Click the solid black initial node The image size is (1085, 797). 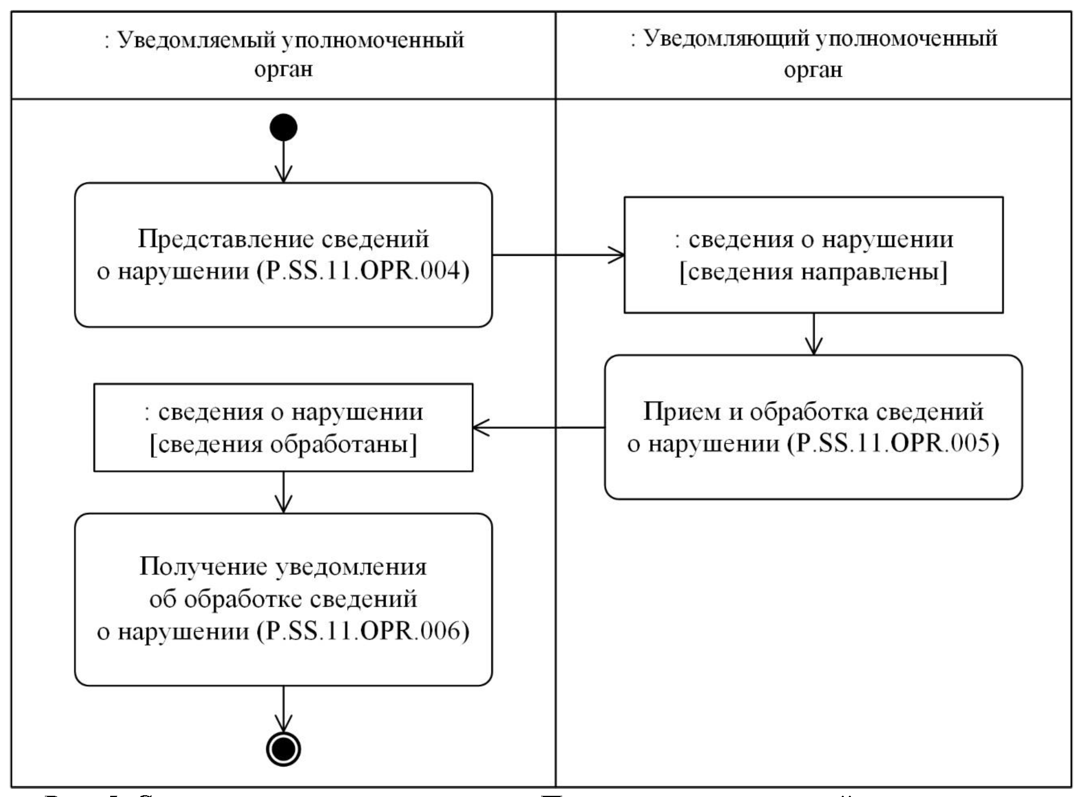pyautogui.click(x=283, y=128)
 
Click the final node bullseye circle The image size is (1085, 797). pyautogui.click(x=283, y=749)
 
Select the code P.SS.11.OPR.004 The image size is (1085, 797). pyautogui.click(x=363, y=271)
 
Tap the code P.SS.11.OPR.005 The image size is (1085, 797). pyautogui.click(x=893, y=443)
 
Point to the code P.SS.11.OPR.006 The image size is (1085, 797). pyautogui.click(x=363, y=631)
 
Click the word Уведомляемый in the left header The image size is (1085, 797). pyautogui.click(x=196, y=40)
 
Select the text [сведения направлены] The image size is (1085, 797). pyautogui.click(x=813, y=272)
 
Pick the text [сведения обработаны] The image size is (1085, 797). pyautogui.click(x=283, y=444)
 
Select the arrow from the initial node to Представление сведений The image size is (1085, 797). pyautogui.click(x=283, y=162)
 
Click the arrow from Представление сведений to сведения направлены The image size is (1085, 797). pyautogui.click(x=558, y=255)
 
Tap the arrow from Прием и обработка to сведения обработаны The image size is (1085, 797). pyautogui.click(x=539, y=428)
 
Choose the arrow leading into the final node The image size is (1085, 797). pyautogui.click(x=283, y=709)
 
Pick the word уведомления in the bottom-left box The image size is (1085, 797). pyautogui.click(x=351, y=566)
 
